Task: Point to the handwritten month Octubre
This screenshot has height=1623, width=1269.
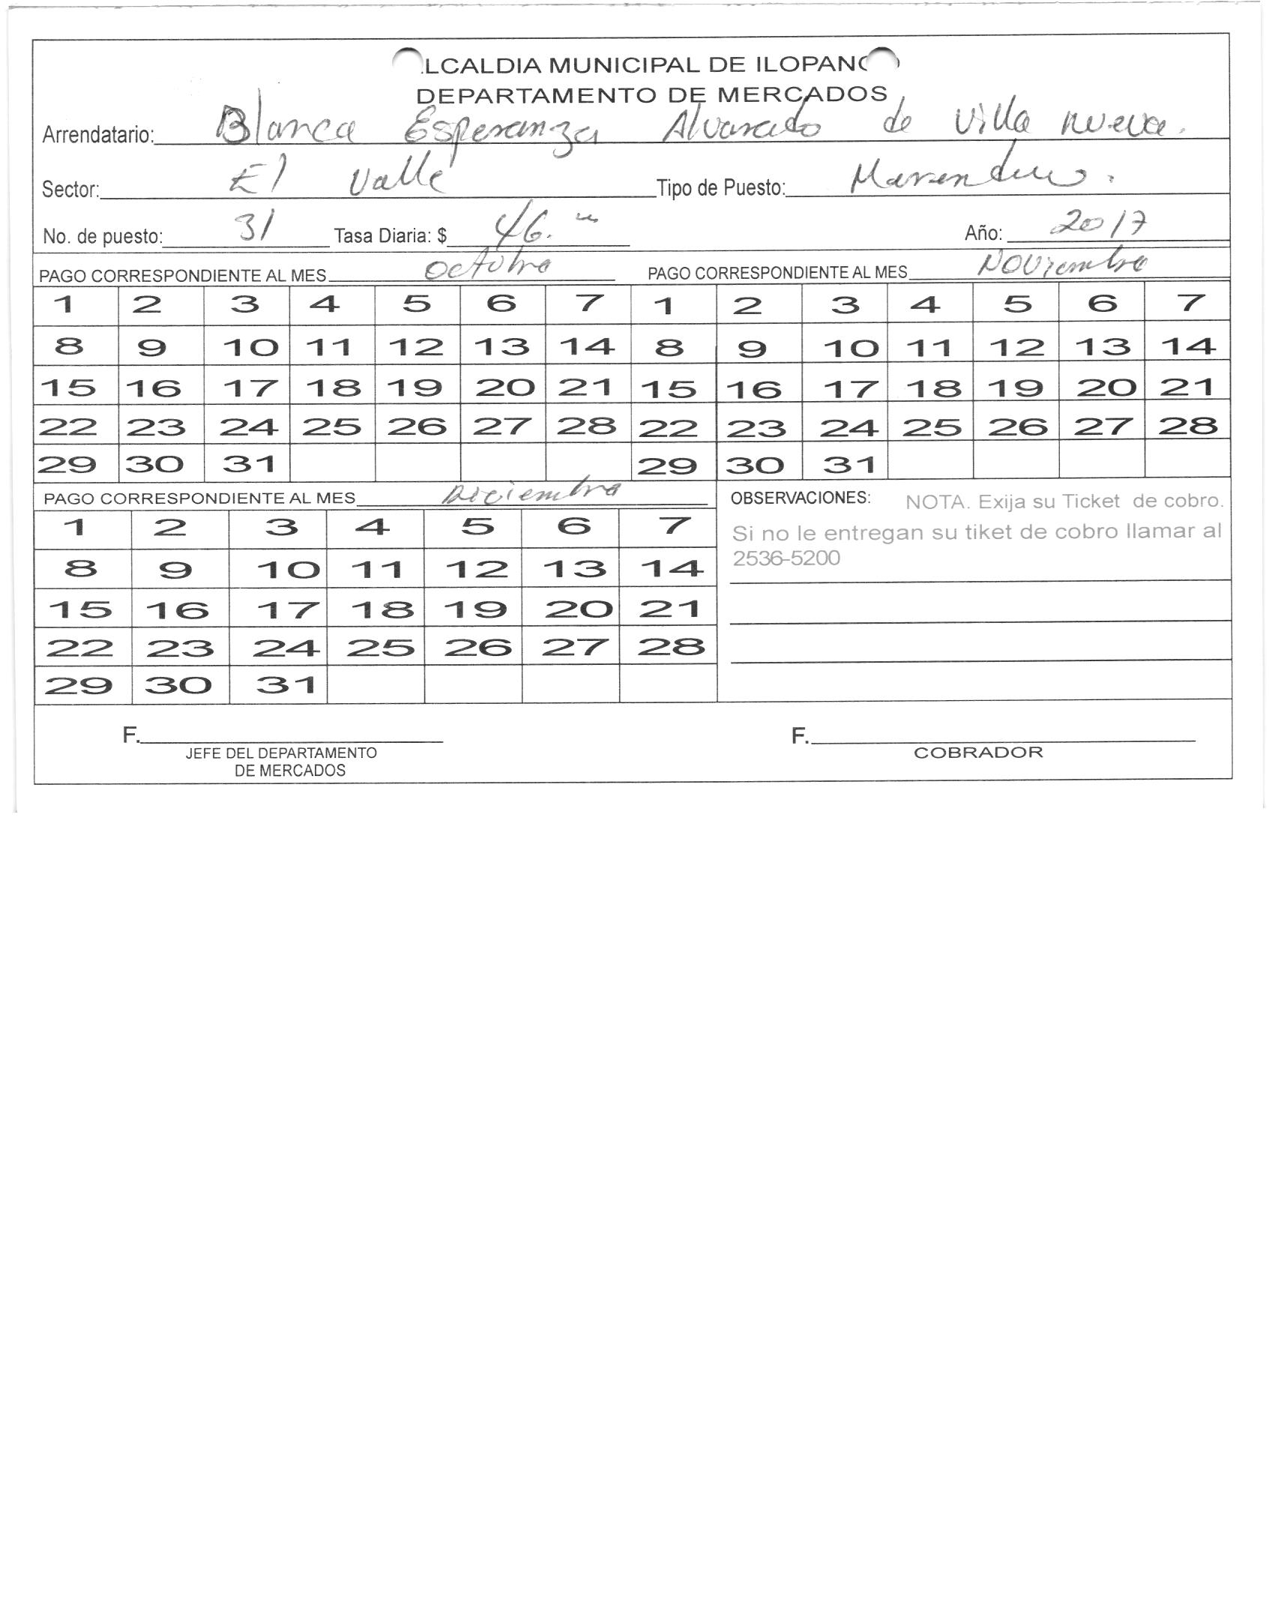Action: tap(488, 267)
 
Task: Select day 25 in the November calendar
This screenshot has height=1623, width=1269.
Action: tap(930, 427)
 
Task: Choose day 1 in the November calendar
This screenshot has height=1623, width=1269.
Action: tap(665, 305)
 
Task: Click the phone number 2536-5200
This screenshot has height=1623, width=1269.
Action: tap(786, 558)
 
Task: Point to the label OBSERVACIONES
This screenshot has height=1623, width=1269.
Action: tap(800, 498)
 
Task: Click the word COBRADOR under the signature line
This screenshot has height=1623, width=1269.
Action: tap(978, 753)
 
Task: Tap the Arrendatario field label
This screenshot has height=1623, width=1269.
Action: tap(98, 136)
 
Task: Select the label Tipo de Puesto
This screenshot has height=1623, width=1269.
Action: tap(720, 188)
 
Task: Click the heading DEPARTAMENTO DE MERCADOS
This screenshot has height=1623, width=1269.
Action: tap(651, 95)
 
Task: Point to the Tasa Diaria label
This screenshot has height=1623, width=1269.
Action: tap(390, 236)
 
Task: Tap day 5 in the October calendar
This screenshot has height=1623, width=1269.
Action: tap(417, 304)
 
